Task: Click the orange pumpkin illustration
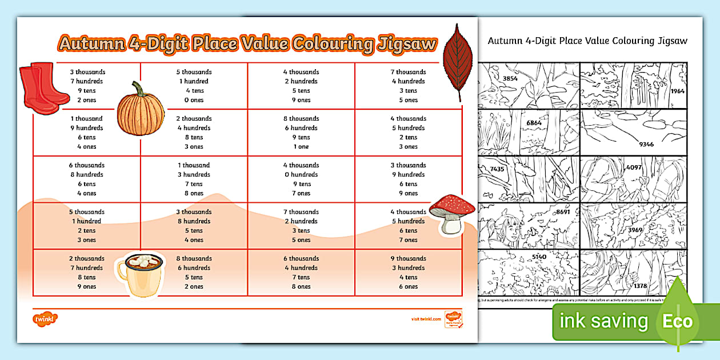click(141, 108)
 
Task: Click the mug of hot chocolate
click(141, 273)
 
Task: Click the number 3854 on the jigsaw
click(506, 78)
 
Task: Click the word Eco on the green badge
click(677, 321)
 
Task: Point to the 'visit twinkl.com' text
click(426, 319)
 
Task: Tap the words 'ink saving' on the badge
click(604, 321)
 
